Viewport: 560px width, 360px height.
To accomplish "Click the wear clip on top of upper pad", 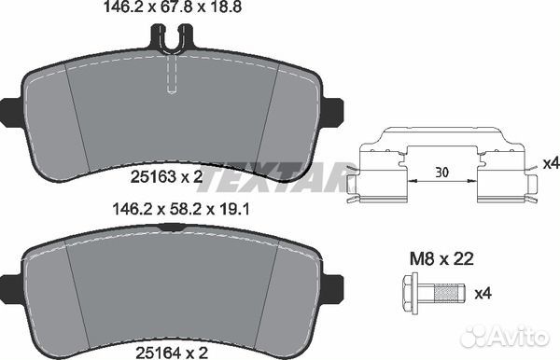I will tap(170, 38).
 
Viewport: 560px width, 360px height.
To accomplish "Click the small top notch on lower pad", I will tap(170, 227).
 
